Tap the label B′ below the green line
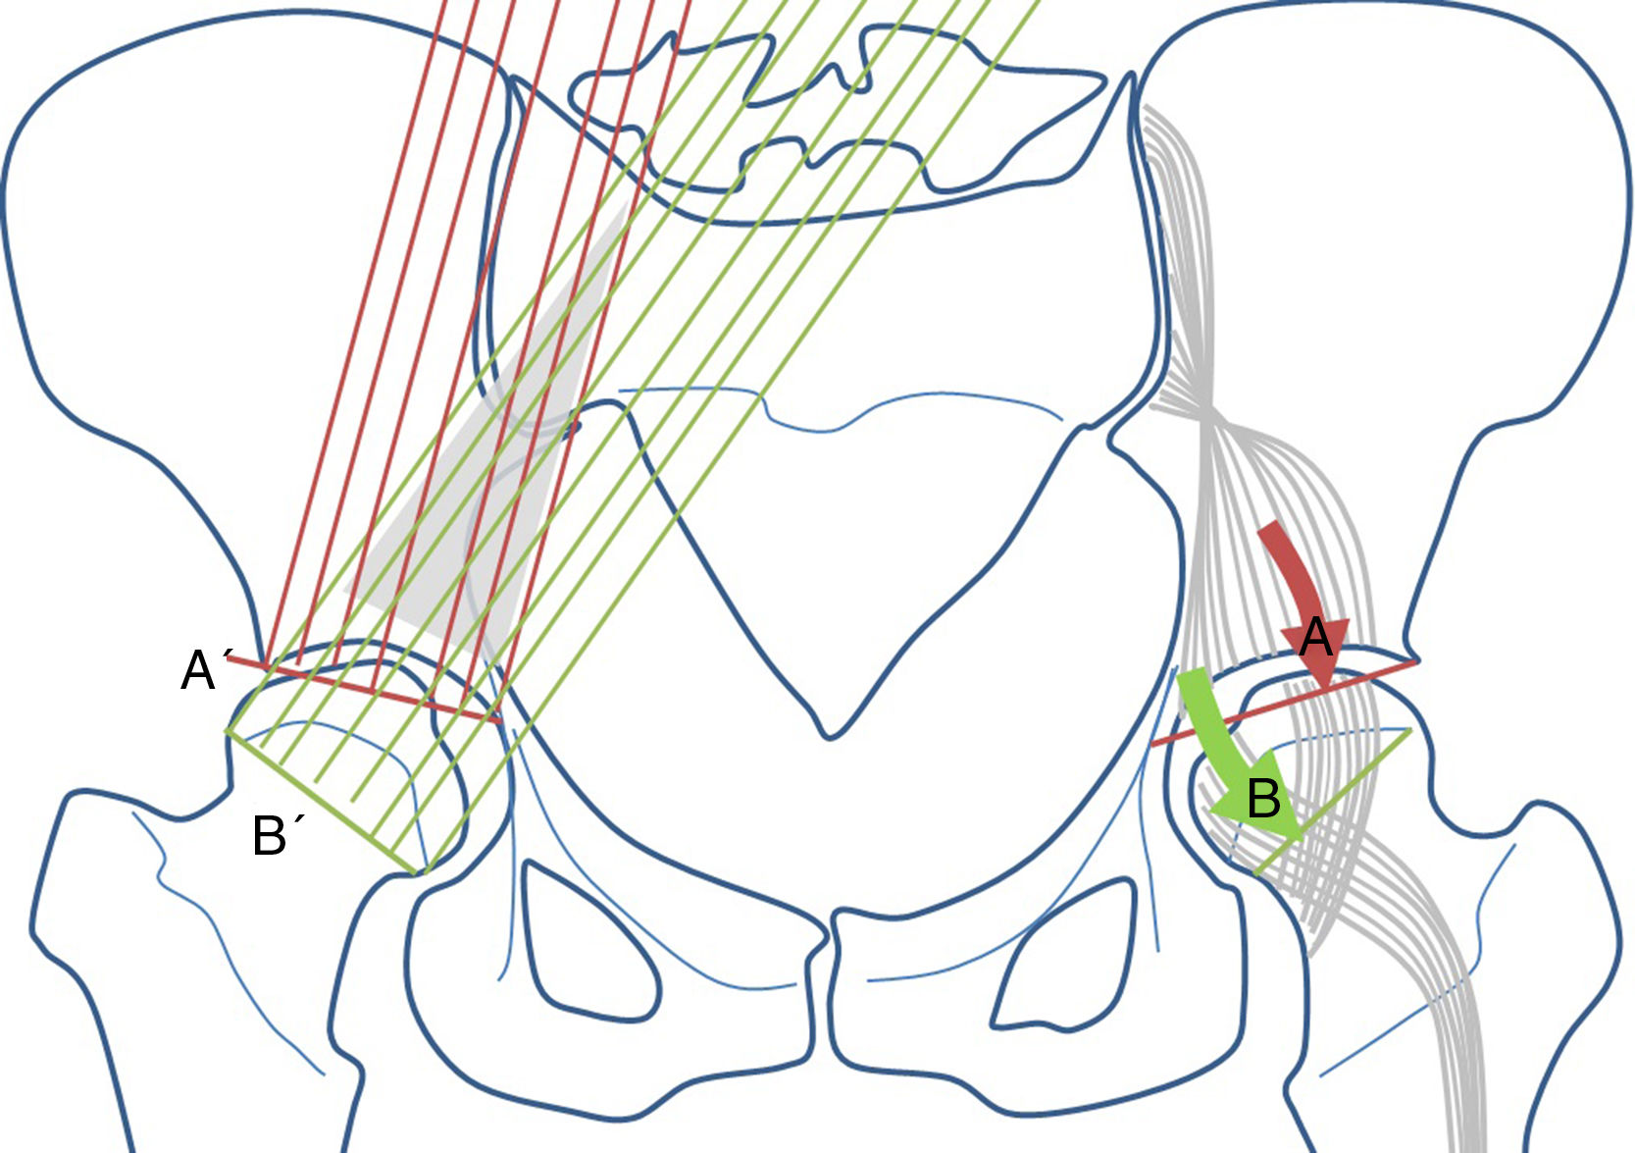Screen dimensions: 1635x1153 pyautogui.click(x=278, y=836)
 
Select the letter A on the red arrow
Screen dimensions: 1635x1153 pyautogui.click(x=1315, y=639)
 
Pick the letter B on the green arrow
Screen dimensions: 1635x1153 pyautogui.click(x=1263, y=799)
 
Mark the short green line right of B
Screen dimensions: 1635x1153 pyautogui.click(x=1334, y=800)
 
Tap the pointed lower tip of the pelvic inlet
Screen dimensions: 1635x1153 pyautogui.click(x=830, y=730)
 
